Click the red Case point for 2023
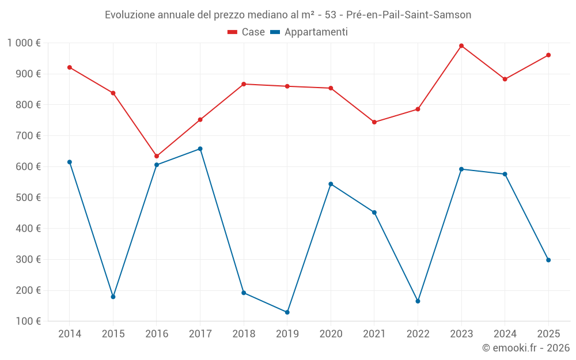(x=461, y=46)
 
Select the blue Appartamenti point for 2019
(x=287, y=312)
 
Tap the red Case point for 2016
(x=157, y=156)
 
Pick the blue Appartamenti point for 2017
(x=200, y=149)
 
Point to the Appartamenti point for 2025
(x=548, y=260)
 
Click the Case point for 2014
(x=70, y=67)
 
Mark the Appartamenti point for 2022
(x=418, y=301)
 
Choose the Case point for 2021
(x=374, y=122)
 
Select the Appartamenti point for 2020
(x=331, y=184)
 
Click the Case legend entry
(x=247, y=32)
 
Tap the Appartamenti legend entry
(x=309, y=32)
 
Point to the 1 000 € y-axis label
(x=24, y=43)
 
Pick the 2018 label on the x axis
(x=244, y=334)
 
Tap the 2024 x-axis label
(x=505, y=334)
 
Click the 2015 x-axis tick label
(x=113, y=334)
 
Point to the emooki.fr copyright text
(x=526, y=348)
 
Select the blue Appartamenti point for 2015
(x=113, y=297)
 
